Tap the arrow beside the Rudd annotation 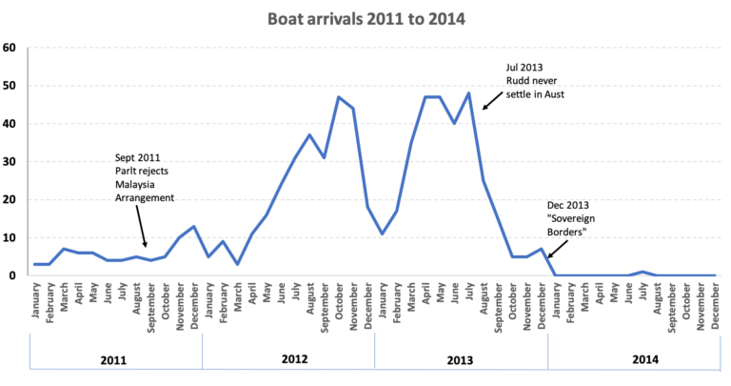click(492, 99)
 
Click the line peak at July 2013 click(468, 93)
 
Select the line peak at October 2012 click(339, 97)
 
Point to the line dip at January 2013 click(382, 234)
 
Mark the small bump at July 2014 click(642, 272)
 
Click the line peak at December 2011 click(194, 226)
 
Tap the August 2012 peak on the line click(309, 134)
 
